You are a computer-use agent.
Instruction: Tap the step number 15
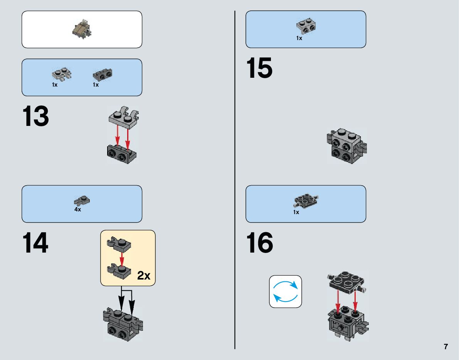click(259, 68)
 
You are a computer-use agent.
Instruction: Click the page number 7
click(446, 347)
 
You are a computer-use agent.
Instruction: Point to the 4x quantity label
click(77, 210)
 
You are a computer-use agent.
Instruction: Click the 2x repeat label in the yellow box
click(143, 276)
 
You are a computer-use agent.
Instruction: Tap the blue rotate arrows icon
click(285, 291)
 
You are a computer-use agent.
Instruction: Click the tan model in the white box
click(82, 30)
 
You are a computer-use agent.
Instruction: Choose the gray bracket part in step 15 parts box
click(306, 26)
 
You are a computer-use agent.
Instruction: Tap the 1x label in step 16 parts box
click(296, 212)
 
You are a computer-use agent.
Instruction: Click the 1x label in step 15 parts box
click(299, 38)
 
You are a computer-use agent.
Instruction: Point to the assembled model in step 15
click(346, 146)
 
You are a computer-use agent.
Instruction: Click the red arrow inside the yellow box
click(122, 257)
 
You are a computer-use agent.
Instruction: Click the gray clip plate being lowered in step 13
click(123, 118)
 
